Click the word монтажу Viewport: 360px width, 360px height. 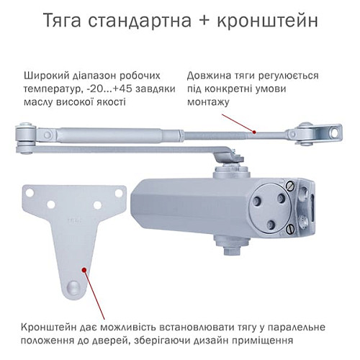click(208, 102)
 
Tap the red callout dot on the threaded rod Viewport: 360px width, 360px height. click(255, 132)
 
